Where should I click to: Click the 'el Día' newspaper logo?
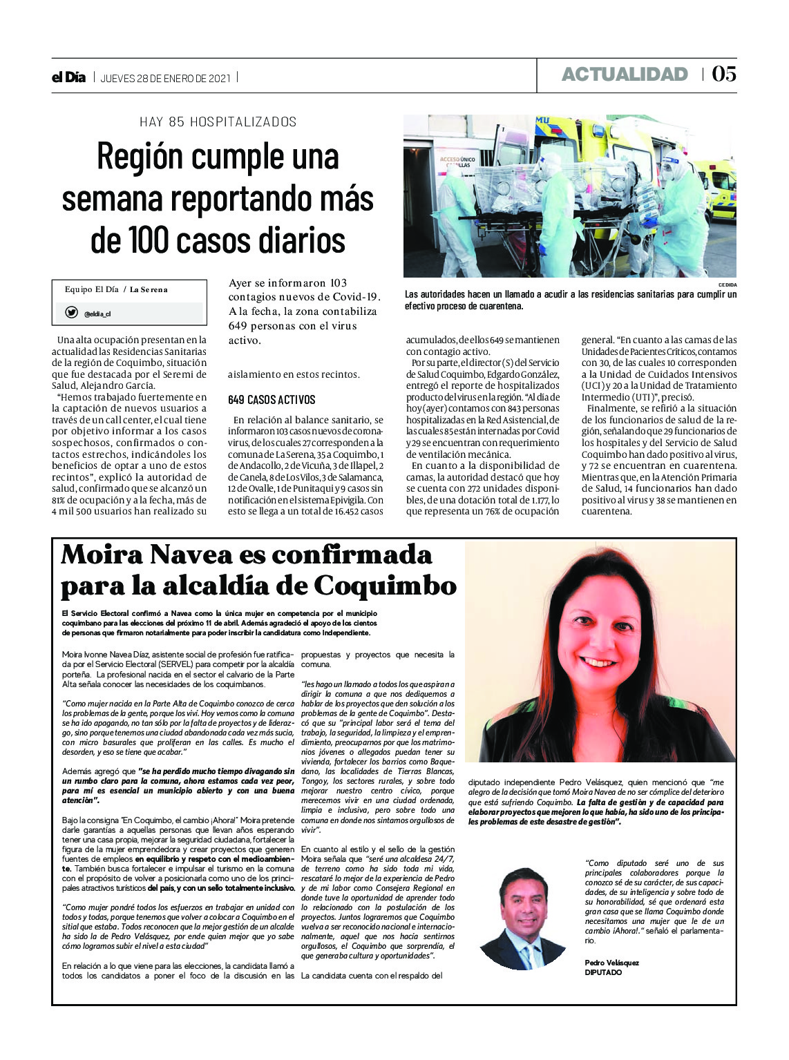(x=68, y=77)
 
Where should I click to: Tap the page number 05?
(x=724, y=74)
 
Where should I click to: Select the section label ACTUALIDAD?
(x=625, y=75)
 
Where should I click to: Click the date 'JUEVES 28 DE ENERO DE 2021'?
(x=166, y=78)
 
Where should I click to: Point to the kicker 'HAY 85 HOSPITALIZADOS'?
(x=218, y=122)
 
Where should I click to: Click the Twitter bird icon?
(x=71, y=313)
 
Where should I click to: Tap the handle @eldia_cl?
(x=97, y=314)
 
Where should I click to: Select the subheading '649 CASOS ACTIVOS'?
(x=272, y=400)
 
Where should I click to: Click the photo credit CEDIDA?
(x=728, y=285)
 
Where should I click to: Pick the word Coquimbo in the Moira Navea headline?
(x=385, y=586)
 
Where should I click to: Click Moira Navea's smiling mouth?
(x=599, y=662)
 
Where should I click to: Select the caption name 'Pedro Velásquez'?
(x=611, y=963)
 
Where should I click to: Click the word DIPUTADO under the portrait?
(x=603, y=972)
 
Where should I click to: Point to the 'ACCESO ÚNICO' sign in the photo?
(x=457, y=162)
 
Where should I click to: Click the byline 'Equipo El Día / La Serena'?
(x=116, y=289)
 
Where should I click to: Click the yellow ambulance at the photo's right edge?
(x=718, y=186)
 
